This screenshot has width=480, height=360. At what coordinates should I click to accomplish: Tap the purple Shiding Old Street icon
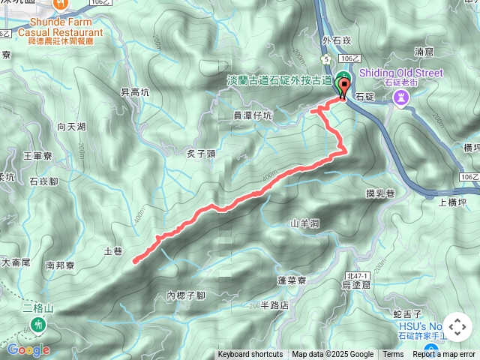[x=401, y=97]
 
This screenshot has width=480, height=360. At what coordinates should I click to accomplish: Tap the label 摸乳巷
[x=380, y=193]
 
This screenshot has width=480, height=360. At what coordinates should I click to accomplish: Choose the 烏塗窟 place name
[x=355, y=286]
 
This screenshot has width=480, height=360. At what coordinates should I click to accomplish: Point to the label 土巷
[x=113, y=252]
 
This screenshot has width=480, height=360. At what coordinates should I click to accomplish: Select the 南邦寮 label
[x=60, y=265]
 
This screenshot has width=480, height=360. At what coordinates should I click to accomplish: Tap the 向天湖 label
[x=71, y=127]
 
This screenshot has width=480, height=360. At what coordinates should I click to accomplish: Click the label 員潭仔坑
[x=253, y=115]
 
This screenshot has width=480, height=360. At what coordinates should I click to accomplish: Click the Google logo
[x=28, y=349]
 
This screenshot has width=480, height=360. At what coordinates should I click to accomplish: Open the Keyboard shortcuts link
[x=250, y=355]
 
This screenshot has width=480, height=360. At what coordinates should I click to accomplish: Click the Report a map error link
[x=445, y=355]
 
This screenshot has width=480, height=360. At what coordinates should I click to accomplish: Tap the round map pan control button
[x=457, y=327]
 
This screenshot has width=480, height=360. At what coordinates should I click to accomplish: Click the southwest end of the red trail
[x=134, y=261]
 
